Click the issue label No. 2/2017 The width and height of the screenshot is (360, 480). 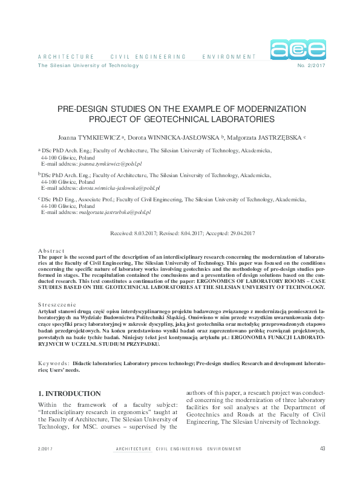pos(312,66)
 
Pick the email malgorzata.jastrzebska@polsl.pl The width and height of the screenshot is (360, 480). pos(115,213)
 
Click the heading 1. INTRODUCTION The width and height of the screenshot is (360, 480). pos(69,394)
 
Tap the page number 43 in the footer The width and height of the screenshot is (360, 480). pos(322,449)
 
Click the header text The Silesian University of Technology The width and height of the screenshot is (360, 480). pos(88,66)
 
